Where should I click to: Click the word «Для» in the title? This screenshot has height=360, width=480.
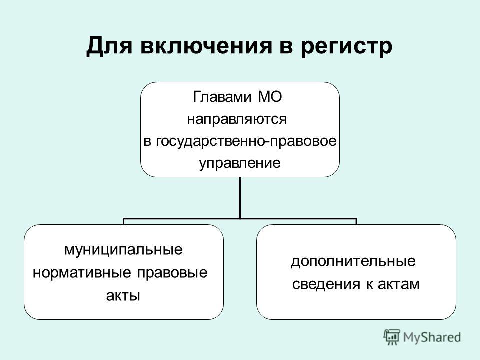click(x=109, y=46)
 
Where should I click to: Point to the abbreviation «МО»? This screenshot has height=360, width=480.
click(x=270, y=97)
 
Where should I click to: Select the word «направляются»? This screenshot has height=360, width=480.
click(x=237, y=119)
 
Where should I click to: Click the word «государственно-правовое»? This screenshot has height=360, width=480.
click(x=246, y=141)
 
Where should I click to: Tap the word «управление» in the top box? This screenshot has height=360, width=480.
click(x=240, y=163)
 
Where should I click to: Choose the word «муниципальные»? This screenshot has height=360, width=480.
click(x=123, y=250)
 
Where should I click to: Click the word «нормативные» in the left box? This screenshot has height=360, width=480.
click(x=81, y=273)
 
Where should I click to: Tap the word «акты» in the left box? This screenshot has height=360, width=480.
click(x=123, y=295)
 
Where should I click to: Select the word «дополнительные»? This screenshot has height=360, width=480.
click(x=353, y=261)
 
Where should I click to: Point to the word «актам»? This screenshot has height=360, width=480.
click(x=399, y=284)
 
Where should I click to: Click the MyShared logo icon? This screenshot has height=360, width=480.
click(x=392, y=337)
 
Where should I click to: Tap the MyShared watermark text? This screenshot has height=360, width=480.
click(x=432, y=337)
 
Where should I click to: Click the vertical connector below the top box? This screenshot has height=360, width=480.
click(x=240, y=198)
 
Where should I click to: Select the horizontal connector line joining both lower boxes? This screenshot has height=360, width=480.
click(x=240, y=219)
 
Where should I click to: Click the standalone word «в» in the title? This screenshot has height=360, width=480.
click(x=286, y=48)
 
